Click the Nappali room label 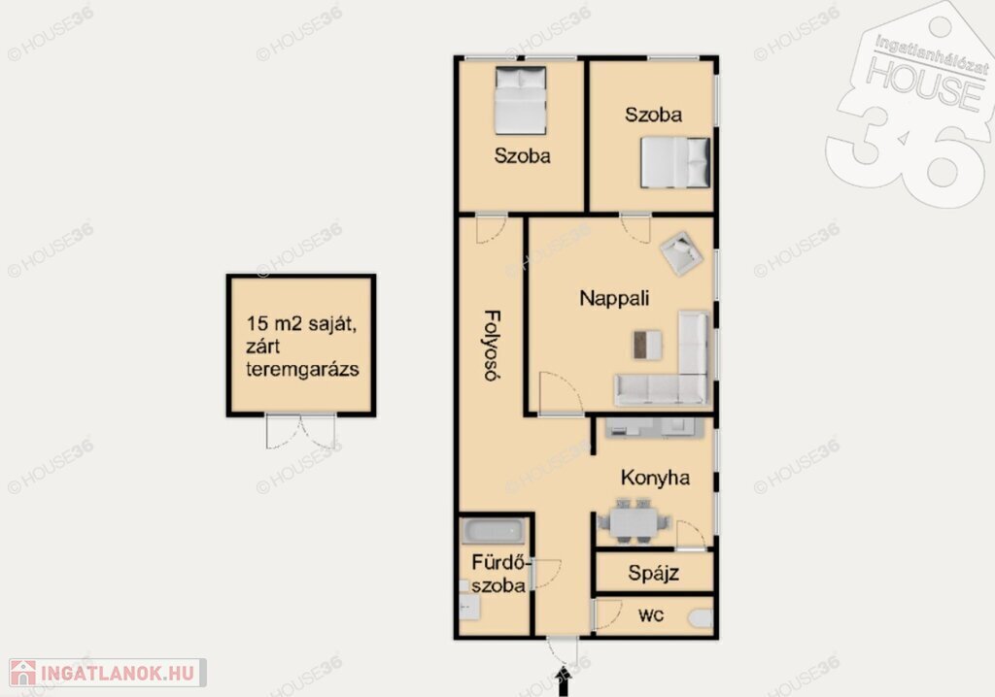[x=614, y=298]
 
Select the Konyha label [x=655, y=478]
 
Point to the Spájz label [x=654, y=574]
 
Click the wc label [x=651, y=615]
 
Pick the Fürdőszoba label [x=499, y=574]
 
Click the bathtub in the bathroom [x=493, y=531]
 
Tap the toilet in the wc [x=702, y=618]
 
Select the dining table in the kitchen [x=633, y=521]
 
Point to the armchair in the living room [x=680, y=252]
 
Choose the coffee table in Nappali [x=647, y=345]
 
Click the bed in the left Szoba [x=521, y=100]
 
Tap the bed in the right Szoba [x=675, y=162]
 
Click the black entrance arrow [x=563, y=681]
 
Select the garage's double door [x=301, y=431]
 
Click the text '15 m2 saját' [x=301, y=323]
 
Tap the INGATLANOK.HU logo [x=107, y=673]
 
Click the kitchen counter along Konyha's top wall [x=654, y=428]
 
